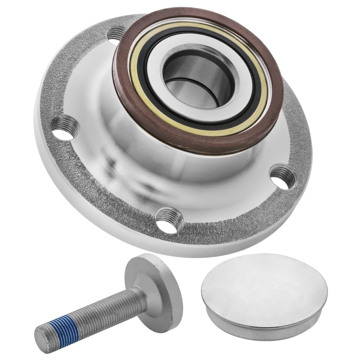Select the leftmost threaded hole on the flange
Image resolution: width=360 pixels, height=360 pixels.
point(66,129)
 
